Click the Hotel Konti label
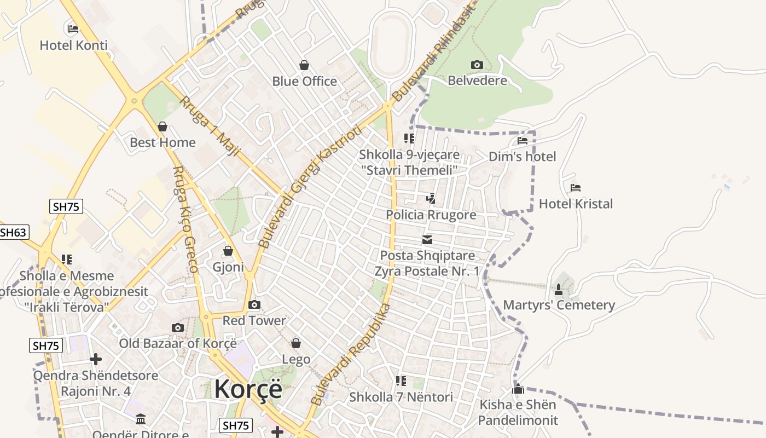coord(73,45)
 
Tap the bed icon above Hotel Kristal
coord(575,188)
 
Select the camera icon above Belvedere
coord(477,65)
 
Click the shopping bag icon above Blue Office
coord(304,65)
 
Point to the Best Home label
coord(163,142)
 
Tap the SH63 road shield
coord(13,232)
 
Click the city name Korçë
coord(248,389)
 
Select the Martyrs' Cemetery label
coord(559,305)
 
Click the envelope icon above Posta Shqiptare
coord(427,240)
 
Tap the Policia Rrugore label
coord(431,215)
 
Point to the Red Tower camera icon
coord(254,304)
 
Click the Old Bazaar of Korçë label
coord(178,343)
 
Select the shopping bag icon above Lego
coord(296,343)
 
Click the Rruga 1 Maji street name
coord(210,126)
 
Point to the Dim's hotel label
coord(522,157)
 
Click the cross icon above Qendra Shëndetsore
coord(96,359)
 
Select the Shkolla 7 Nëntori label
coord(401,397)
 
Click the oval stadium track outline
coord(391,44)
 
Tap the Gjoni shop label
coord(228,267)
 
